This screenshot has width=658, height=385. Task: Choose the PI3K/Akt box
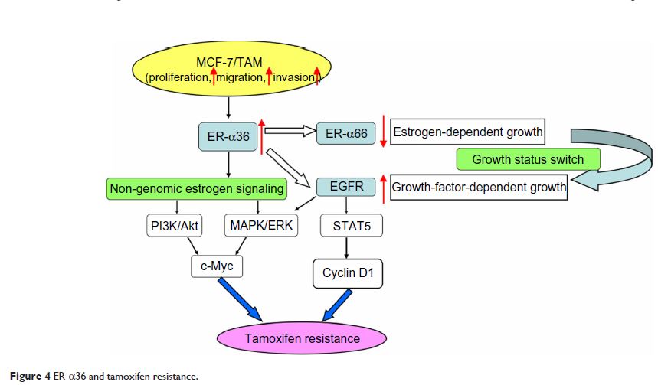click(177, 226)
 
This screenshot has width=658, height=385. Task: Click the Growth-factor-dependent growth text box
click(479, 186)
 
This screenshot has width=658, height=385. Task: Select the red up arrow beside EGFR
click(383, 188)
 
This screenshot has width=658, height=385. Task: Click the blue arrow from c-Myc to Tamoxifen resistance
click(241, 298)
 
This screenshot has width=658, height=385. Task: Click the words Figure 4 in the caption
click(23, 376)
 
